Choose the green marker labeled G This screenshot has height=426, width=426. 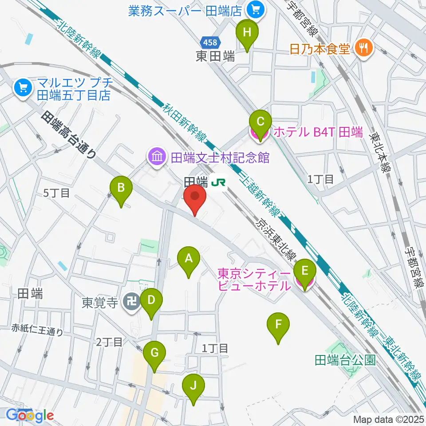coord(154,354)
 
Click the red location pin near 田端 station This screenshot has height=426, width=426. coord(195,198)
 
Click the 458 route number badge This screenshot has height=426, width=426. coord(209,43)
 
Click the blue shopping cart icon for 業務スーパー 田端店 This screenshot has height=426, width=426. coord(256,8)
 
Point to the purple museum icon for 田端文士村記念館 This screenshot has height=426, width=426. coord(156,157)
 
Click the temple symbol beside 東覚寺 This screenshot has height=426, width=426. coord(130,303)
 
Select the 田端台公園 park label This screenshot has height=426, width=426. coord(345,360)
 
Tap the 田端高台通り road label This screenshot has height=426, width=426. coord(69,135)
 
